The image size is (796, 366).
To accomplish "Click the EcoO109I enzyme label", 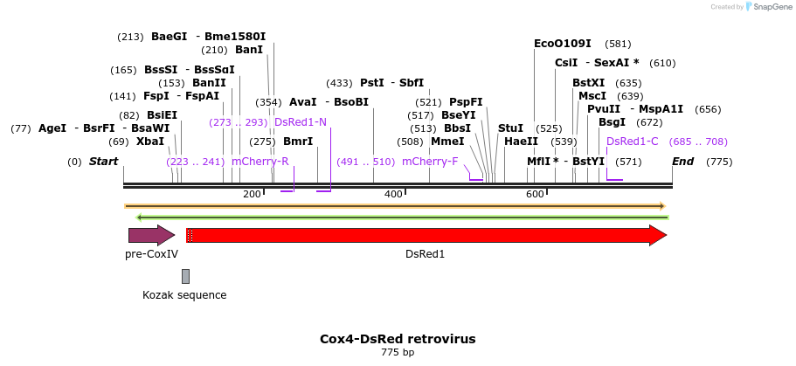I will click(563, 44).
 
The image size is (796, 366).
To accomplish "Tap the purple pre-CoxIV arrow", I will click(151, 234).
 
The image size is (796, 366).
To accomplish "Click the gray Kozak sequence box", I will click(185, 276).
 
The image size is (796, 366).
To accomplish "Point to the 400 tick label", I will click(393, 194).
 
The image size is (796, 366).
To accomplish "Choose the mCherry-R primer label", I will click(260, 162).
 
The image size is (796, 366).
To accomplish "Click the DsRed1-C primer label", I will click(632, 142).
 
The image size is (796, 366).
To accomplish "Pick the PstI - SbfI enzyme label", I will click(391, 83).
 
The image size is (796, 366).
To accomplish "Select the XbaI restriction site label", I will click(149, 142).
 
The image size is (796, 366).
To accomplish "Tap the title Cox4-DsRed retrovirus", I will click(398, 338).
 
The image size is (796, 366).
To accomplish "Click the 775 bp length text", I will click(398, 353).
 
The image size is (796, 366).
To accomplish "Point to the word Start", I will click(103, 162).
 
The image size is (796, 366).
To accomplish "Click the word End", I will click(682, 162).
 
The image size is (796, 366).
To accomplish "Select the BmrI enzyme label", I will click(297, 142).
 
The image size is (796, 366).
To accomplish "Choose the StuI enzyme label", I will click(510, 128).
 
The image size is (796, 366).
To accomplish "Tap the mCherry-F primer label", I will click(430, 162).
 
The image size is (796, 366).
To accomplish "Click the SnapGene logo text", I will click(770, 7).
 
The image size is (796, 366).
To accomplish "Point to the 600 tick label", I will click(535, 194).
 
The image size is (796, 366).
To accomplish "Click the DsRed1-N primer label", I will click(301, 122).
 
